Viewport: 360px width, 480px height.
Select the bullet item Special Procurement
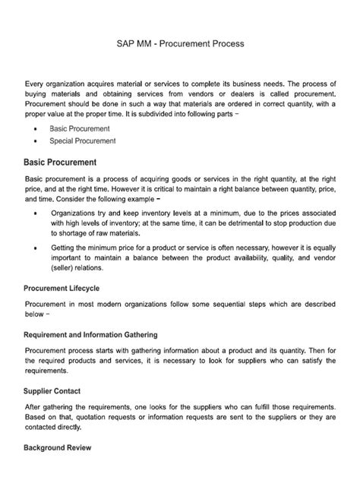pos(83,141)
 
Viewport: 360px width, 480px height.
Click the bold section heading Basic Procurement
pos(61,162)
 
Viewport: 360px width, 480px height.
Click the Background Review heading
pos(58,447)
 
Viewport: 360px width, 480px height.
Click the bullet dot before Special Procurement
pos(37,141)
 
